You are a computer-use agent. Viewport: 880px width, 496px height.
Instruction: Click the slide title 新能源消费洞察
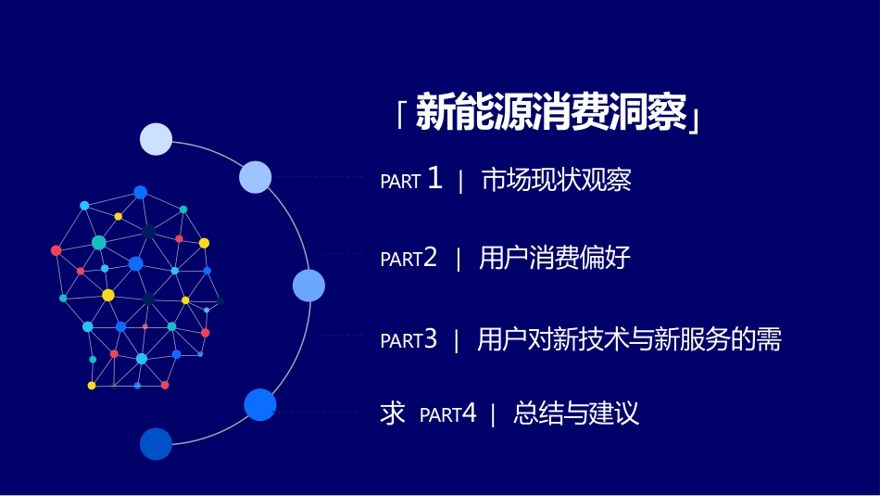pyautogui.click(x=551, y=112)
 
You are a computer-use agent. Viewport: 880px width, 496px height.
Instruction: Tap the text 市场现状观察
pyautogui.click(x=556, y=180)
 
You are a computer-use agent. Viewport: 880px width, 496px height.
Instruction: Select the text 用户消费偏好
pyautogui.click(x=555, y=258)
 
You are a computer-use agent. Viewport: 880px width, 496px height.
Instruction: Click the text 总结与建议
pyautogui.click(x=576, y=413)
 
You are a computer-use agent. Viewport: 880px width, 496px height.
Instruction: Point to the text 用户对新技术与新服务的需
pyautogui.click(x=629, y=339)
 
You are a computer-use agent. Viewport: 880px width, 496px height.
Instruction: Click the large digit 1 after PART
pyautogui.click(x=434, y=178)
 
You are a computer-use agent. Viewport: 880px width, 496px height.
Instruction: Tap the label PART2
pyautogui.click(x=409, y=258)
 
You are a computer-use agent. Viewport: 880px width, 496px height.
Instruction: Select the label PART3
pyautogui.click(x=409, y=339)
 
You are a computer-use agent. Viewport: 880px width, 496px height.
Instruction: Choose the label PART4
pyautogui.click(x=447, y=414)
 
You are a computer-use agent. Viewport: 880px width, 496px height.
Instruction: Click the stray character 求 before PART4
pyautogui.click(x=393, y=413)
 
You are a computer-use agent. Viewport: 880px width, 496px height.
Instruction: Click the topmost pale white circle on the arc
pyautogui.click(x=156, y=139)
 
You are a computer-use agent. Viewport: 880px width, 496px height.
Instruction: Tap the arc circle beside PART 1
pyautogui.click(x=256, y=177)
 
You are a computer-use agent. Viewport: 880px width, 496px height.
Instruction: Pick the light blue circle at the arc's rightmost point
pyautogui.click(x=308, y=286)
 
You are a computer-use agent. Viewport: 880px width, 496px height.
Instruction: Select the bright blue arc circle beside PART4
pyautogui.click(x=260, y=404)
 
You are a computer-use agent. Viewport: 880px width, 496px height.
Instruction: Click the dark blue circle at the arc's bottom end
pyautogui.click(x=156, y=444)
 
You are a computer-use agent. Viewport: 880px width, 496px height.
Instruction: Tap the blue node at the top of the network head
pyautogui.click(x=140, y=193)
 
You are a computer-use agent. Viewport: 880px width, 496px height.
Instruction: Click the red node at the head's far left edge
pyautogui.click(x=57, y=250)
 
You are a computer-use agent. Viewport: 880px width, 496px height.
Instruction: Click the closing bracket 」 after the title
pyautogui.click(x=695, y=120)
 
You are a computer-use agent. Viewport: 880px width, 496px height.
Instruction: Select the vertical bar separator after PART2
pyautogui.click(x=459, y=259)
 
